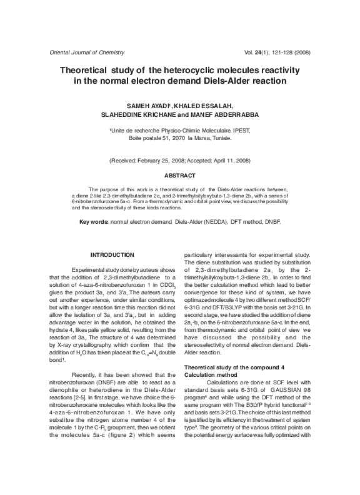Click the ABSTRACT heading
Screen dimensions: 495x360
pos(179,176)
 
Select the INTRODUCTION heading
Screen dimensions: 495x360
pos(112,254)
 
